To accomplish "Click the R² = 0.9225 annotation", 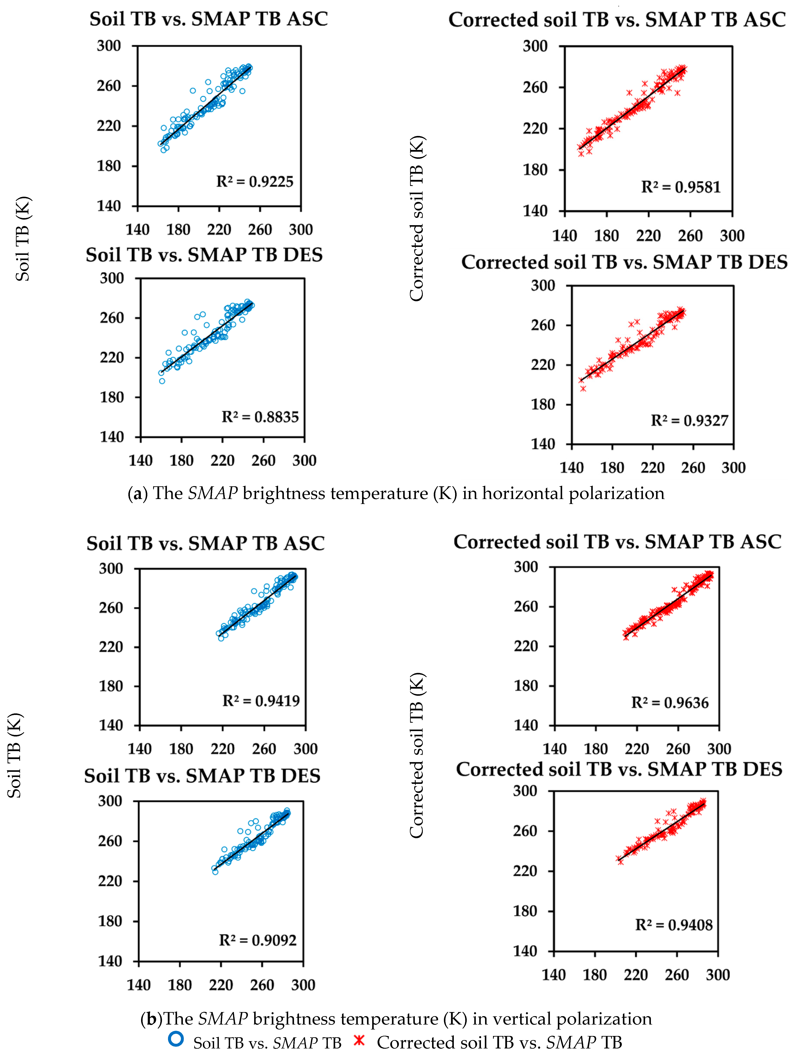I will tap(255, 181).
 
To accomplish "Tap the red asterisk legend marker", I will tap(359, 1039).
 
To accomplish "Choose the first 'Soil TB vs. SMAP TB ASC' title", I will tap(208, 19).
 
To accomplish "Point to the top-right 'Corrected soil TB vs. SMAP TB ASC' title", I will tap(617, 20).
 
